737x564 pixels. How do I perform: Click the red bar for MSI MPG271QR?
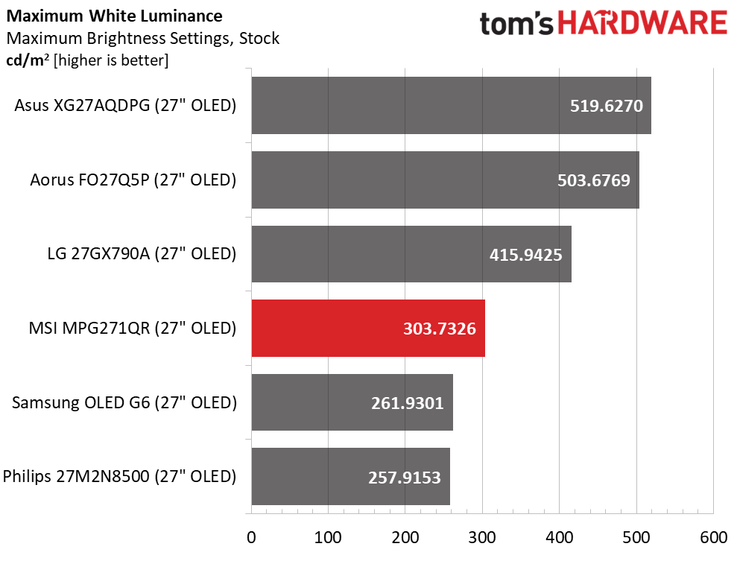(x=368, y=329)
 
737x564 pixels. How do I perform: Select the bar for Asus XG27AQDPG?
(x=451, y=106)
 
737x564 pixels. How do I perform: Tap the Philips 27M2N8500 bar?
(x=350, y=477)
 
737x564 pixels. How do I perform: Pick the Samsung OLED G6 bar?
(x=352, y=403)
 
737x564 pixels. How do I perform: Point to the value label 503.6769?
(x=594, y=180)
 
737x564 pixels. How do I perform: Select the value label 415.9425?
(x=526, y=255)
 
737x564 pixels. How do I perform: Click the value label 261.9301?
(x=408, y=403)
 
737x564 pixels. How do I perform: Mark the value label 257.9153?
(x=405, y=477)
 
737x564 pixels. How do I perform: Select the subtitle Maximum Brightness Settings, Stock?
(x=142, y=38)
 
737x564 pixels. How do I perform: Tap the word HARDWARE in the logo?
(x=643, y=23)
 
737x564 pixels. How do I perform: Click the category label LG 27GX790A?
(x=141, y=254)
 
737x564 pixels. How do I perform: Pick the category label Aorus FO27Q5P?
(x=133, y=180)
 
